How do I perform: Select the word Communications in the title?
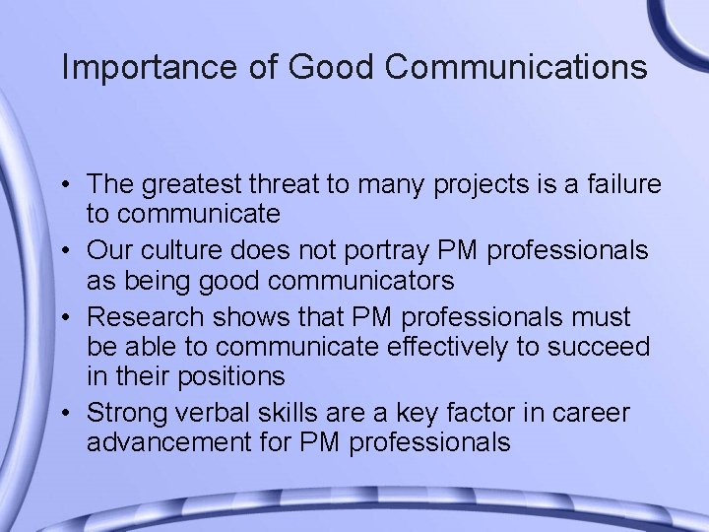tap(517, 67)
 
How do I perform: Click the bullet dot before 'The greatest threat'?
tap(73, 185)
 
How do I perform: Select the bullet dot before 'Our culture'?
tap(73, 251)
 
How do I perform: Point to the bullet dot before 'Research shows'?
tap(73, 317)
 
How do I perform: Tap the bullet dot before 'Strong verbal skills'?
tap(73, 413)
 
